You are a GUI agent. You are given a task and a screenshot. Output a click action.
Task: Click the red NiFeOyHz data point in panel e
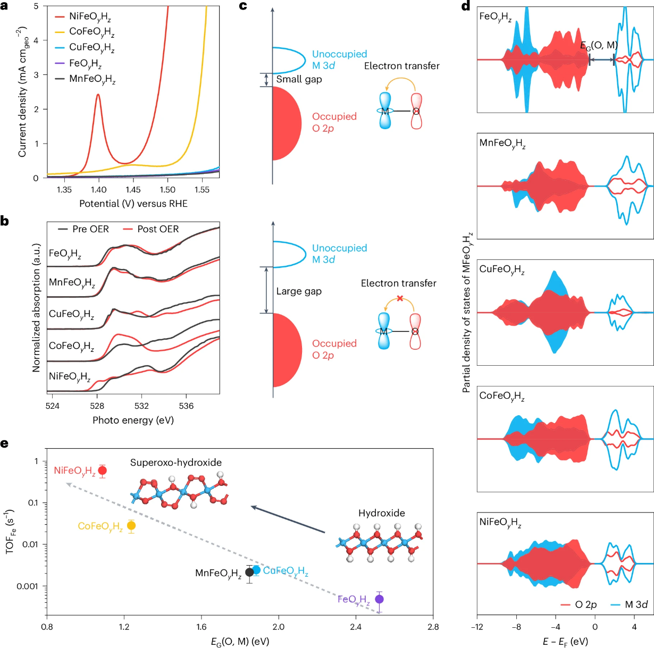click(103, 470)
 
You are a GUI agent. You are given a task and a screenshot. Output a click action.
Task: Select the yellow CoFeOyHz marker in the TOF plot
click(131, 526)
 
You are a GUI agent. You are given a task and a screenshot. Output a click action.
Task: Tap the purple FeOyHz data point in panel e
click(379, 599)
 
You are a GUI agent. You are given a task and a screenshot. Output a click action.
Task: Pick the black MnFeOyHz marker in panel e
click(249, 573)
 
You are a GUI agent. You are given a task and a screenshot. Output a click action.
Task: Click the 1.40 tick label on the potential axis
click(99, 190)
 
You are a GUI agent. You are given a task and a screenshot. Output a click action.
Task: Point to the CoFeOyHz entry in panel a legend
click(91, 32)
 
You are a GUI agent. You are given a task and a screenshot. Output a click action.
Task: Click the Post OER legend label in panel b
click(158, 229)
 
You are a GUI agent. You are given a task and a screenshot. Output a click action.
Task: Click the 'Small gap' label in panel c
click(299, 79)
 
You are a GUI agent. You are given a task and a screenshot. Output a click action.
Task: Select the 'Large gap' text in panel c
click(299, 291)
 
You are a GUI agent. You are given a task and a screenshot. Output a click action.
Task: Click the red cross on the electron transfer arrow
click(400, 298)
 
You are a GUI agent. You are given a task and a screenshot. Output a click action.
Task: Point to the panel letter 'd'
click(466, 6)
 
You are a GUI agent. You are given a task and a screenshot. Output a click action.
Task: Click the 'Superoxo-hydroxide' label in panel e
click(176, 462)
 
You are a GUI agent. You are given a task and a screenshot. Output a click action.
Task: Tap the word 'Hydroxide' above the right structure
click(381, 513)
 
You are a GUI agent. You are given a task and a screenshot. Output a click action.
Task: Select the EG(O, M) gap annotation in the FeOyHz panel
click(599, 46)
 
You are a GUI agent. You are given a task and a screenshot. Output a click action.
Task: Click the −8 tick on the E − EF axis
click(516, 627)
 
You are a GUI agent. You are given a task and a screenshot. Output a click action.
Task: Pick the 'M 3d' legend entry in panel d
click(636, 605)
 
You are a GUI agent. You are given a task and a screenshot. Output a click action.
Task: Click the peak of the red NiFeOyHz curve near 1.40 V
click(98, 95)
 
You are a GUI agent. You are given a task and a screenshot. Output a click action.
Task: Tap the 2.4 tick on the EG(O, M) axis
click(356, 627)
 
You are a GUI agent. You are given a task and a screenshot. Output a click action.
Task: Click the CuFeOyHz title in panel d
click(502, 270)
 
